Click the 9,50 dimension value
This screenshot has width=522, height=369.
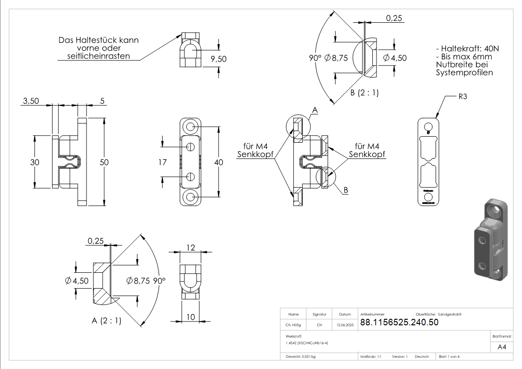218,59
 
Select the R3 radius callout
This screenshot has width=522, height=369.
463,97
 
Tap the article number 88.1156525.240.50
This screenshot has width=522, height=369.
399,323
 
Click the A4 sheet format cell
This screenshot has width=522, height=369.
502,347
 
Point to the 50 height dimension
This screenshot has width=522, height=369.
104,162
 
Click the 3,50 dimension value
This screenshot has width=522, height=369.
31,100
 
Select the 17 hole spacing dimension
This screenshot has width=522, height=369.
162,162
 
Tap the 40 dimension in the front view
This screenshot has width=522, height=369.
218,162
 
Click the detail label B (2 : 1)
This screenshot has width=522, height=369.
364,92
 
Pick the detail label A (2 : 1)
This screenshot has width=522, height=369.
106,321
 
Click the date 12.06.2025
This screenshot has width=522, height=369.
345,325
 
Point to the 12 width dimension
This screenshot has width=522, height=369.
190,248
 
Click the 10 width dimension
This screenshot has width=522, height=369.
191,317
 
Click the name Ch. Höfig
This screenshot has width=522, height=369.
293,325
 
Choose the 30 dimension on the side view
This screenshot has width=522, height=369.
35,162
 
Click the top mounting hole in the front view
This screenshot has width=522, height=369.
190,126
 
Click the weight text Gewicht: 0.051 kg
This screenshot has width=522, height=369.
301,357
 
